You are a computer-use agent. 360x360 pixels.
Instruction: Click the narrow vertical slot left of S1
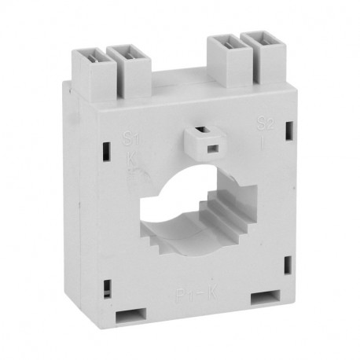coord(104,146)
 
